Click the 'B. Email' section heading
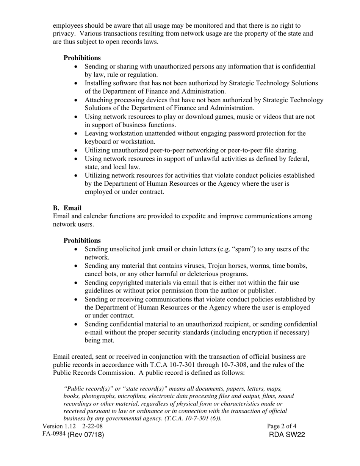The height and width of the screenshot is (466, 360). pos(67,208)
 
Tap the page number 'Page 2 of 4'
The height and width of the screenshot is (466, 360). pos(282,426)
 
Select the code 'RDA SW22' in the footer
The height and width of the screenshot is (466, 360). pos(287,435)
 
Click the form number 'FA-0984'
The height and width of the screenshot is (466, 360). pos(54,434)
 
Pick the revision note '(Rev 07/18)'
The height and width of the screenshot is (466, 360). pos(86,435)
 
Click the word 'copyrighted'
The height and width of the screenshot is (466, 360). pos(125,283)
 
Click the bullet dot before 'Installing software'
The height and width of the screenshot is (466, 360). pos(77,83)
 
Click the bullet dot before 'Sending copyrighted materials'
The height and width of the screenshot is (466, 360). pos(77,283)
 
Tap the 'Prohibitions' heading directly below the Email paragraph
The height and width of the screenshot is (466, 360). pos(82,241)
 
